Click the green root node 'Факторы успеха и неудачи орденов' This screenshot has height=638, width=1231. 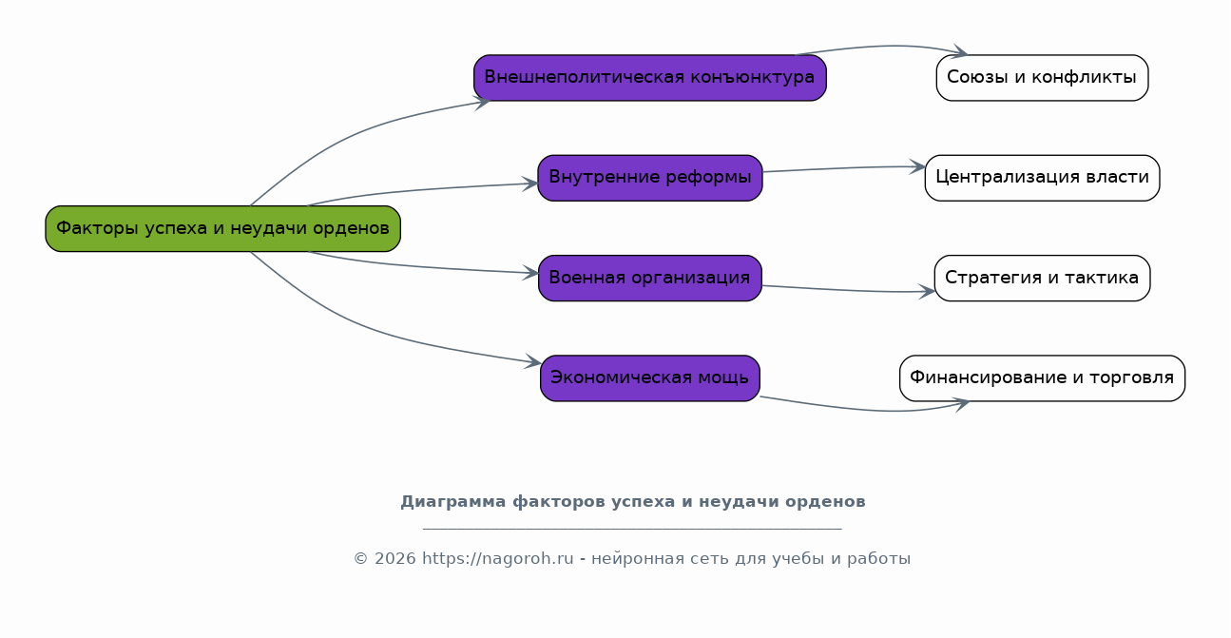[x=222, y=228]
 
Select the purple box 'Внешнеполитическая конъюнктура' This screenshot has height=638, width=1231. [x=650, y=77]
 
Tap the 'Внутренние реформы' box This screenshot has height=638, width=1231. [x=650, y=178]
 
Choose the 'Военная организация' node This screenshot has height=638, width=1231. [x=650, y=278]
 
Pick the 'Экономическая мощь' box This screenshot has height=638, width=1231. [x=650, y=378]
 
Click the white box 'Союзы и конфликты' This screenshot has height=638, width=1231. [x=1042, y=77]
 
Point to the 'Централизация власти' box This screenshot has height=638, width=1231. [x=1042, y=178]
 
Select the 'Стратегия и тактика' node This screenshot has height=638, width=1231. [x=1042, y=278]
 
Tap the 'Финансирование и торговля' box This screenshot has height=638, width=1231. [x=1042, y=378]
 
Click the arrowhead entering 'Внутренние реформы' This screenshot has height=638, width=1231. [x=530, y=184]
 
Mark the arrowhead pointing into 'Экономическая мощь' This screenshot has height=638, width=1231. [x=533, y=361]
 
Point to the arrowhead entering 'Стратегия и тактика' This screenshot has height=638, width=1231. [x=927, y=292]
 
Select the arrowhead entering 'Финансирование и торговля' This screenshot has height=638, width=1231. [x=962, y=405]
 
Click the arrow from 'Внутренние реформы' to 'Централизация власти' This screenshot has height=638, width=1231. [x=844, y=168]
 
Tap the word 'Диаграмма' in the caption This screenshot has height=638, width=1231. [x=452, y=502]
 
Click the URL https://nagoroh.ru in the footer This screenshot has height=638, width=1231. [x=497, y=558]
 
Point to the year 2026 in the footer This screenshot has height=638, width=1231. [x=395, y=559]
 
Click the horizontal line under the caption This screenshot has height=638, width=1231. [x=632, y=529]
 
